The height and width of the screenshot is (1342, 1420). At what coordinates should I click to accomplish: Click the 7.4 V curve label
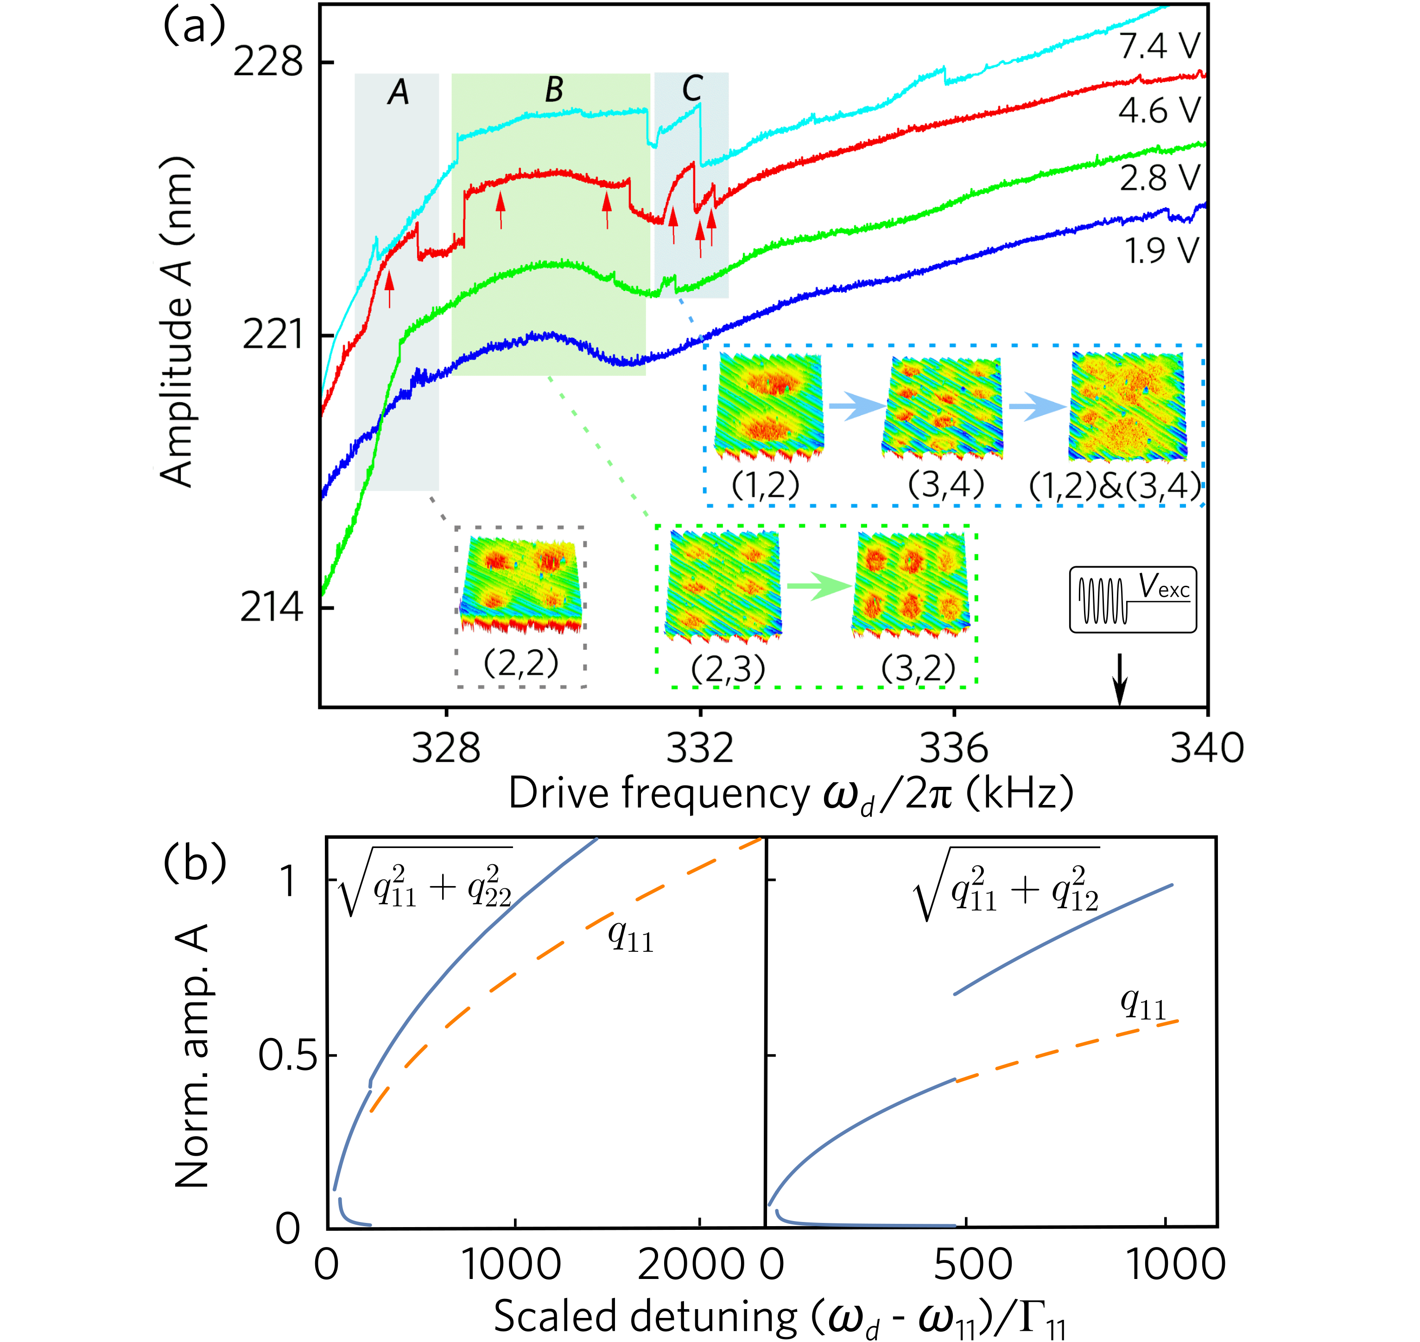click(x=1159, y=46)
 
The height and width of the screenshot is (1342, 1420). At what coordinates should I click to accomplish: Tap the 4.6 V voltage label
click(x=1159, y=111)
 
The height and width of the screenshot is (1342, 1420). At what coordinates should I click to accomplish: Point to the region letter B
click(x=554, y=91)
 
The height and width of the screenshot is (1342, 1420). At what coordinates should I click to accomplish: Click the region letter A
click(x=399, y=92)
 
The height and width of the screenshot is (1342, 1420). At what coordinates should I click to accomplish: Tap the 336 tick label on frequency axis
click(x=954, y=749)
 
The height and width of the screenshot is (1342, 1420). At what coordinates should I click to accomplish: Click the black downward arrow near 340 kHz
click(x=1120, y=680)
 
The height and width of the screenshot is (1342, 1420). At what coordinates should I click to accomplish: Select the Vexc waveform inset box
click(x=1132, y=600)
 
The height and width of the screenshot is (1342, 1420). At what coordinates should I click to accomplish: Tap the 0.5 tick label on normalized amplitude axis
click(x=288, y=1055)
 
